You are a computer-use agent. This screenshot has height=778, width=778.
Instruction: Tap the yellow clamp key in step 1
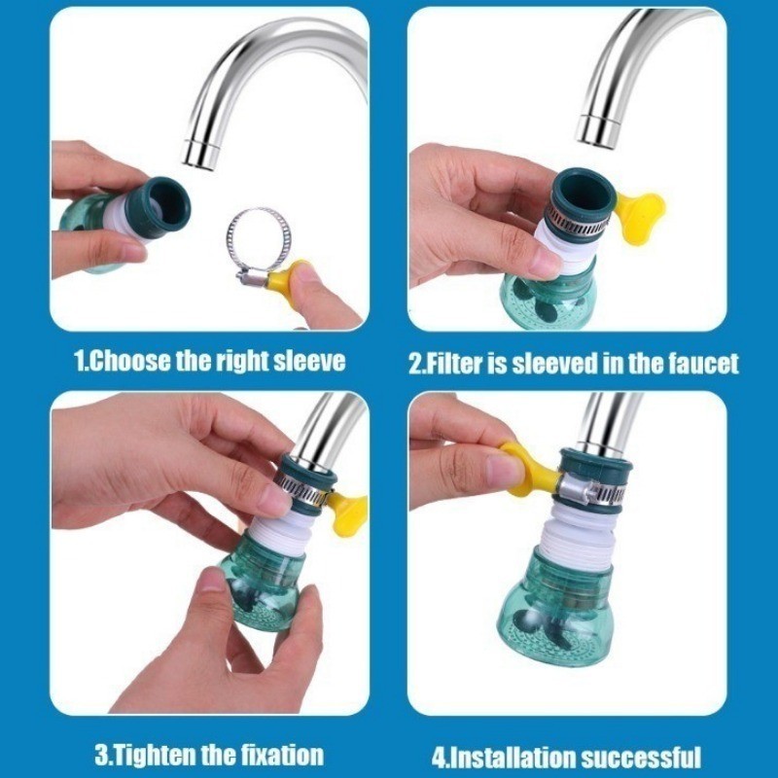pos(285,277)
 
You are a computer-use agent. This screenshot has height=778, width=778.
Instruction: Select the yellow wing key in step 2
pos(639,217)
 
